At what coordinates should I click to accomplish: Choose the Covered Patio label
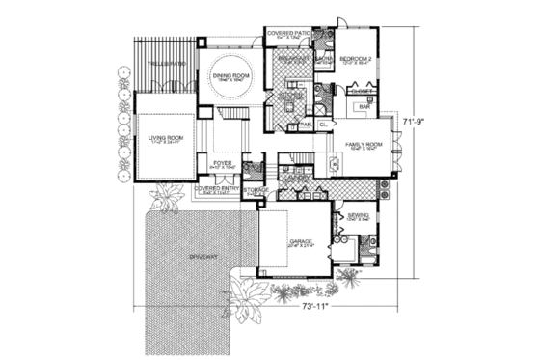(x=288, y=33)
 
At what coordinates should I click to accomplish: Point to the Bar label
(x=364, y=105)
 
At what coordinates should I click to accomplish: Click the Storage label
(x=256, y=190)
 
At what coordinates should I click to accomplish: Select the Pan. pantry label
(x=305, y=124)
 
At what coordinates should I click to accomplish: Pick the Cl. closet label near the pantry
(x=323, y=124)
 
